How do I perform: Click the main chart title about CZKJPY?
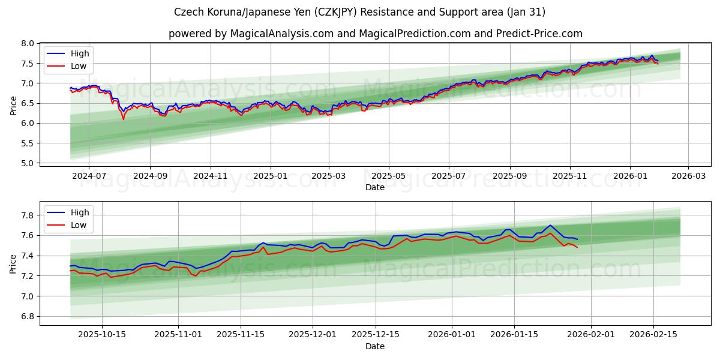[360, 12]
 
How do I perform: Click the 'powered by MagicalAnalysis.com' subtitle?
[375, 34]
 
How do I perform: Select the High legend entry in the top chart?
[79, 53]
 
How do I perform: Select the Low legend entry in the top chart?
[78, 66]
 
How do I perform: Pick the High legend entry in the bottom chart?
[79, 212]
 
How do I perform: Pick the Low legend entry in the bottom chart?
[78, 225]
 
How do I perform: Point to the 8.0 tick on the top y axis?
[28, 43]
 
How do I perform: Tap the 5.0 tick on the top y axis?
[28, 163]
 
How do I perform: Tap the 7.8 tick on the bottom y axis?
[28, 215]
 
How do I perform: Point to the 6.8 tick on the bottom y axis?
[28, 316]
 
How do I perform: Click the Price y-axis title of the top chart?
[13, 105]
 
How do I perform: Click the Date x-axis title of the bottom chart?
[375, 346]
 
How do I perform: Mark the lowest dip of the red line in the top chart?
[124, 119]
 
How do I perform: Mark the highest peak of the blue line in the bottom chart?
[550, 225]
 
